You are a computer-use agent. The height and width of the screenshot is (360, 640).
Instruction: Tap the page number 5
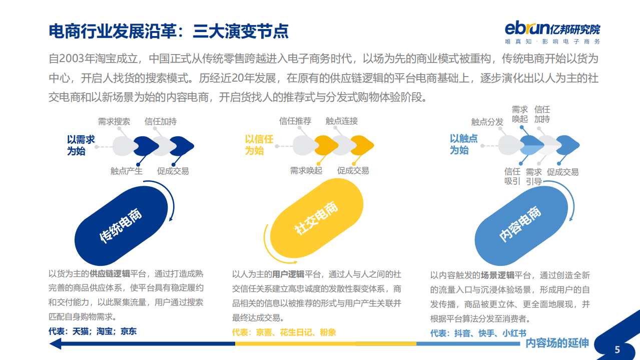click(x=617, y=349)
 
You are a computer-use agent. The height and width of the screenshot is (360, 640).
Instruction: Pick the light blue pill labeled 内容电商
click(x=520, y=224)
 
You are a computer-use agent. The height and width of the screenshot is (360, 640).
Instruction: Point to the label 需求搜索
click(x=114, y=122)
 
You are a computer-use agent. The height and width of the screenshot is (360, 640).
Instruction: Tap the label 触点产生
click(x=127, y=171)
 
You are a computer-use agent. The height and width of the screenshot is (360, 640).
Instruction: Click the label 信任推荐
click(x=295, y=121)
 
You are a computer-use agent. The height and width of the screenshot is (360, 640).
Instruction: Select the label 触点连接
click(x=342, y=121)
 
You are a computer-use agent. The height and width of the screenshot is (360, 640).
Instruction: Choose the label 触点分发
click(x=487, y=122)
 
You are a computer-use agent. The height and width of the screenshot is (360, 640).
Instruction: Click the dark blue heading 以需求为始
click(x=81, y=145)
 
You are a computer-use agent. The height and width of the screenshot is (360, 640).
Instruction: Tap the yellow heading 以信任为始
click(x=259, y=145)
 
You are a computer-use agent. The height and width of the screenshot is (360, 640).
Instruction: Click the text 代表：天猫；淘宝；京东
click(x=93, y=331)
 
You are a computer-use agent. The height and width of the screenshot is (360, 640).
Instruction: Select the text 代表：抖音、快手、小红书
click(x=478, y=333)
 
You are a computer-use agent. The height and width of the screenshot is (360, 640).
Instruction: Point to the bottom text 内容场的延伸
click(x=557, y=343)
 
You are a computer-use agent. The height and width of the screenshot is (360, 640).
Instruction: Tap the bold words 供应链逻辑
click(x=110, y=274)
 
